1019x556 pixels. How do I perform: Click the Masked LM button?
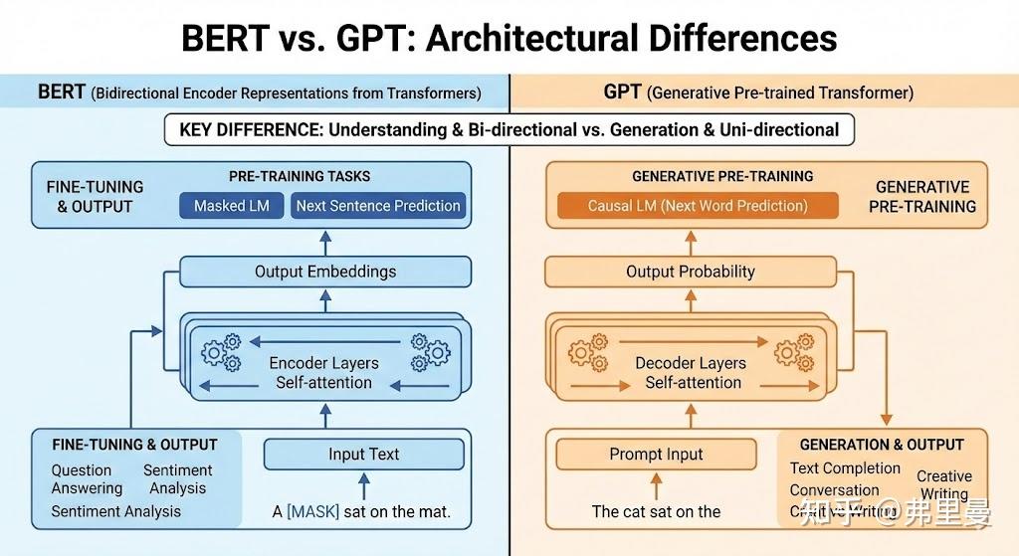click(x=232, y=206)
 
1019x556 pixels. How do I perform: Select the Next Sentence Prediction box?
click(x=378, y=206)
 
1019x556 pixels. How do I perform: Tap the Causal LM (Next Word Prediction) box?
click(x=697, y=206)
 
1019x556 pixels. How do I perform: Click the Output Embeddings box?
click(x=325, y=272)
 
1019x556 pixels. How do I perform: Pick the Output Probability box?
click(x=691, y=272)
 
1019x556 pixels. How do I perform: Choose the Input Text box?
click(x=363, y=455)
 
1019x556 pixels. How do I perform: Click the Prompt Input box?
click(x=656, y=455)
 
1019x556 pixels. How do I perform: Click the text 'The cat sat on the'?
click(x=656, y=511)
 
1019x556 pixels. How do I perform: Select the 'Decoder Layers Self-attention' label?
click(x=692, y=373)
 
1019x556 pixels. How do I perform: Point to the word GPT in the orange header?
click(x=623, y=93)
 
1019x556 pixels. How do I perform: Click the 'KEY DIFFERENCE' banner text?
click(x=509, y=130)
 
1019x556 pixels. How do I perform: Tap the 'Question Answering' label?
click(x=87, y=479)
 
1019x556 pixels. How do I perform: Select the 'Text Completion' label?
click(x=845, y=468)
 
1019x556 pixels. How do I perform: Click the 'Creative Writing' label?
click(x=943, y=485)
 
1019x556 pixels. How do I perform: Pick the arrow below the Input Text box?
click(x=363, y=485)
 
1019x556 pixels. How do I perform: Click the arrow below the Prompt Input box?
click(x=656, y=485)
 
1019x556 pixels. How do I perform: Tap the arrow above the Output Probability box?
click(x=692, y=242)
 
